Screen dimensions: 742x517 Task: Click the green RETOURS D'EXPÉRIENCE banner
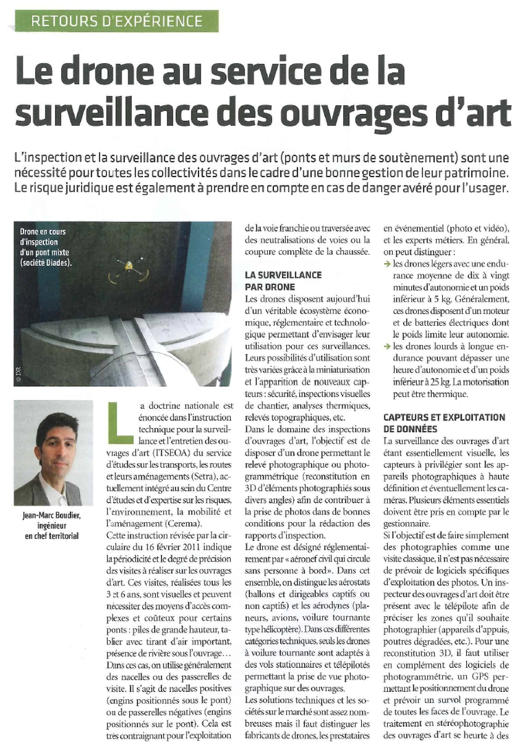click(x=117, y=21)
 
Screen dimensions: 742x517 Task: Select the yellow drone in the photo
click(x=128, y=269)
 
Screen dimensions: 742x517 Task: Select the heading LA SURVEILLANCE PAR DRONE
click(x=283, y=281)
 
